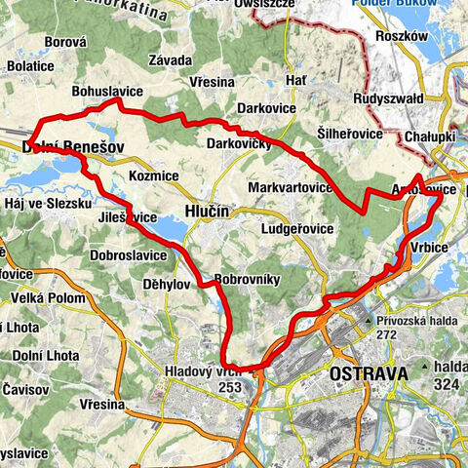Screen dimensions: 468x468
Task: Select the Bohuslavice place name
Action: coord(107,91)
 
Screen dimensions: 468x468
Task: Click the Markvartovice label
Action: coord(292,186)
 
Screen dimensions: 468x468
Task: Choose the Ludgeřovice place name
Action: coord(298,229)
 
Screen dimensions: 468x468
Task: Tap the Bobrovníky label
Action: coord(247,277)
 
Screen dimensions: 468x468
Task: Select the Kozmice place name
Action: coord(154,176)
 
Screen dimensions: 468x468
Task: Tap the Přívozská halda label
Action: coord(413,320)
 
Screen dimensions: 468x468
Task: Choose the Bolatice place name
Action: coord(29,65)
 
